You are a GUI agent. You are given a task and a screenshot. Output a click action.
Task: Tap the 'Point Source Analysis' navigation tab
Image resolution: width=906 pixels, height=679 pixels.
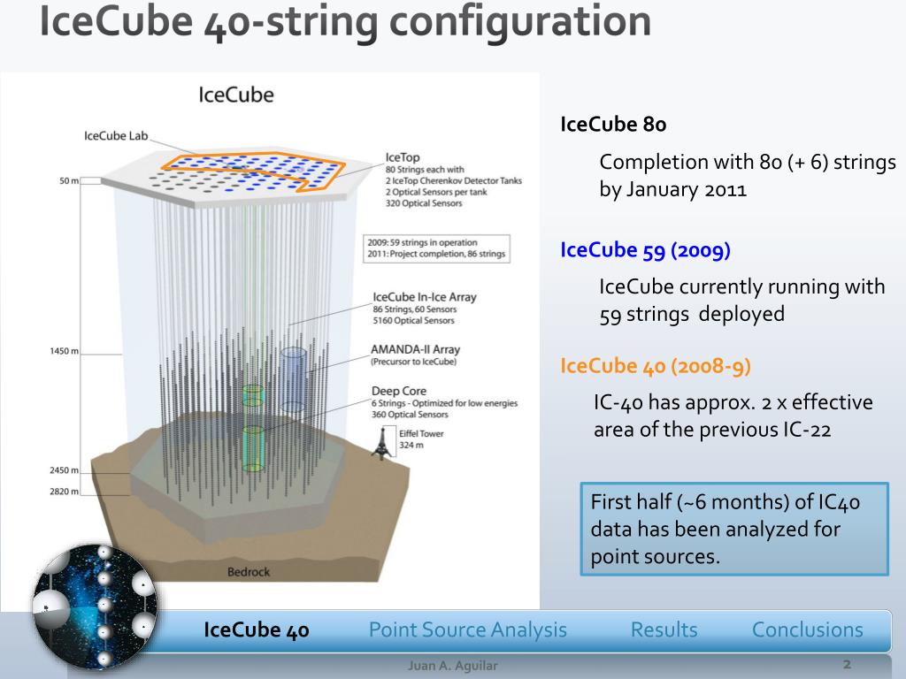coord(467,629)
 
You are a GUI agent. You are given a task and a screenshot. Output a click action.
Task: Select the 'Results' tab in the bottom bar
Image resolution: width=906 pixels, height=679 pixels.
coord(664,629)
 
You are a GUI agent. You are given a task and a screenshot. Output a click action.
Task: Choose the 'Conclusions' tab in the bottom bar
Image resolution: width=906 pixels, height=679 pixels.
coord(807,629)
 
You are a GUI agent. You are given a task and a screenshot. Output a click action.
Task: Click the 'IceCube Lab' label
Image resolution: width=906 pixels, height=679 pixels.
coord(116,136)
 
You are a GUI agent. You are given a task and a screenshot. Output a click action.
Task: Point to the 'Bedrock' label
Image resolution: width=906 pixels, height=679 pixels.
coord(249,572)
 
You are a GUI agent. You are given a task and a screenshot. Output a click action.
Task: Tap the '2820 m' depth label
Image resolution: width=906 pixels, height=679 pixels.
coord(64,492)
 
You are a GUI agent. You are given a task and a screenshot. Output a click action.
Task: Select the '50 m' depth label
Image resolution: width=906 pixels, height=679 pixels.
coord(68,181)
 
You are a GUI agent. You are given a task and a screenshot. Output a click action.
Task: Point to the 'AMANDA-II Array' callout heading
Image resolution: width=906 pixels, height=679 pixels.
coord(416,350)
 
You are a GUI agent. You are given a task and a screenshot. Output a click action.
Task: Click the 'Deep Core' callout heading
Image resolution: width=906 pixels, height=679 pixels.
coord(399,391)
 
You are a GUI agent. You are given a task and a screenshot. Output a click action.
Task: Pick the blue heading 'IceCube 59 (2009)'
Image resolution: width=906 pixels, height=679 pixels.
coord(645,250)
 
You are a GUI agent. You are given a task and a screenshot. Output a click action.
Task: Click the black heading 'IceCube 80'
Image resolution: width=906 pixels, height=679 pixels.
coord(613,125)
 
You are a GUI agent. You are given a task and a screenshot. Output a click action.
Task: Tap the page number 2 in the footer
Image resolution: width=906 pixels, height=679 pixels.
coord(847,664)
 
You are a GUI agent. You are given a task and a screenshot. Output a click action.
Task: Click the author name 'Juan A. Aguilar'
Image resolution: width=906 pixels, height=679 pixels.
coord(452,666)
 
